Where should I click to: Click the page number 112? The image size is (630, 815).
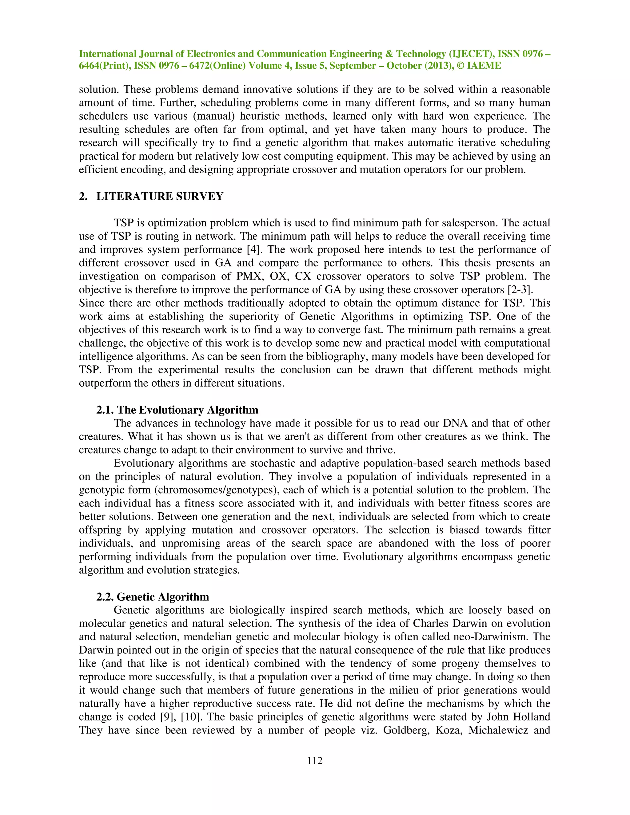[315, 761]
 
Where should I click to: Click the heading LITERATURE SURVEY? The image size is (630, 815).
[160, 196]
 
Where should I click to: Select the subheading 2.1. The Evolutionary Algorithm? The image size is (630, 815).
[177, 410]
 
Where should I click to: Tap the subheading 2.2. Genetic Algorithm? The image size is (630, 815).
[153, 597]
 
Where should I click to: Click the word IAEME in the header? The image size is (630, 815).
[484, 66]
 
